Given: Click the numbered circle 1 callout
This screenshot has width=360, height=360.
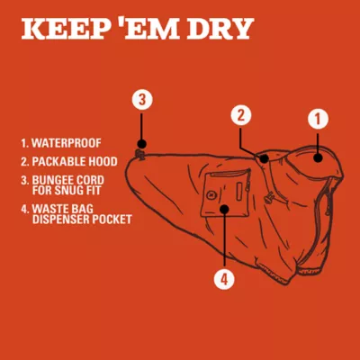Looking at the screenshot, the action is click(318, 119).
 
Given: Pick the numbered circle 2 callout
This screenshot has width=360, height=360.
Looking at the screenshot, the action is click(241, 115).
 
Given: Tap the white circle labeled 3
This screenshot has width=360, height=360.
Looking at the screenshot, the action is click(142, 99).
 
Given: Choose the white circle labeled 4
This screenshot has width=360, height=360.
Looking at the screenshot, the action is click(224, 279).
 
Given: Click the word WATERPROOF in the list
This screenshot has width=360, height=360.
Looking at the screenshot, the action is click(67, 143).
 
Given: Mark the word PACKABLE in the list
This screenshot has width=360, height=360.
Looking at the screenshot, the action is click(56, 162).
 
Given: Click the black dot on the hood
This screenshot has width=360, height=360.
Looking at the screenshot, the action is click(318, 157).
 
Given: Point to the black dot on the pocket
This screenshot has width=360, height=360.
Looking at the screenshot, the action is click(224, 209).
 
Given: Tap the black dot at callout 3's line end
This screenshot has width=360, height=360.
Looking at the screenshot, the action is click(142, 144).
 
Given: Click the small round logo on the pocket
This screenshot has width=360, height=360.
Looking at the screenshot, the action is click(211, 195).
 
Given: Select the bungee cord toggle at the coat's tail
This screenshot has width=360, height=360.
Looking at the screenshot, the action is click(139, 154).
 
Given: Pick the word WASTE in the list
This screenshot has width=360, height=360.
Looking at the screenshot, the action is click(47, 209).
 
